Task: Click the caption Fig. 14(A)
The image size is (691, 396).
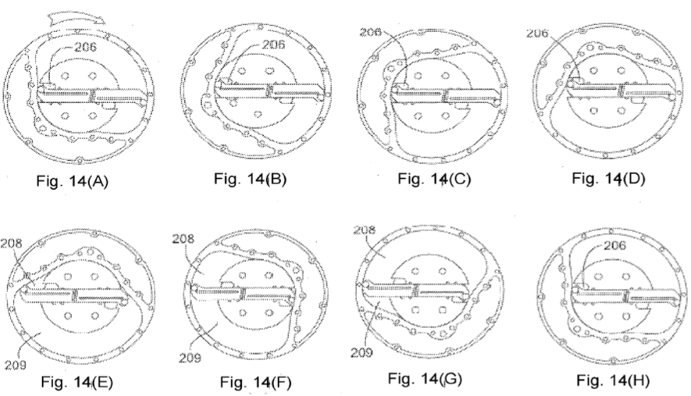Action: tap(73, 181)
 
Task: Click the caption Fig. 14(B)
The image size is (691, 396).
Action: tap(251, 179)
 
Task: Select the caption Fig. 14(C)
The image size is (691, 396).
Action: tap(434, 179)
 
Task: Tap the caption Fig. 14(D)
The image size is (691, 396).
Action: tap(608, 179)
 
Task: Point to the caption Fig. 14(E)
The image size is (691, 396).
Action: tap(77, 381)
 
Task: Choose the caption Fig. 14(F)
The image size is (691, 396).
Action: tap(255, 382)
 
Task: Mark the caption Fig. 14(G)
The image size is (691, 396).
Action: tap(425, 378)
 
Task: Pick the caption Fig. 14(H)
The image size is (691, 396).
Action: tap(613, 380)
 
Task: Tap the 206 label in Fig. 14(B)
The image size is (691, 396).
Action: tap(273, 45)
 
